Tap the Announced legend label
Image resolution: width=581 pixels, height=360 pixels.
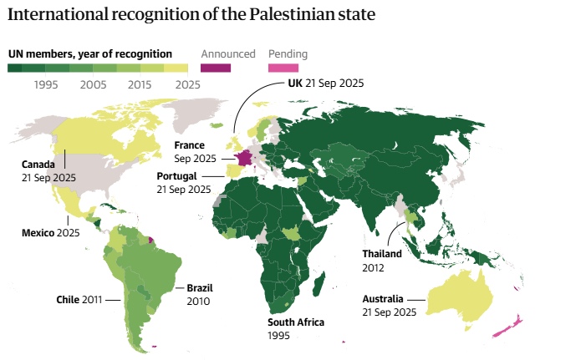click(227, 54)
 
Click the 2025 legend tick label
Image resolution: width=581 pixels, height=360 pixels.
click(188, 84)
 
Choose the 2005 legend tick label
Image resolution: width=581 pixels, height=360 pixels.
click(94, 84)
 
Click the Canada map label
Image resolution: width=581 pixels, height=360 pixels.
click(38, 164)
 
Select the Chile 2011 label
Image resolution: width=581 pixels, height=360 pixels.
click(79, 298)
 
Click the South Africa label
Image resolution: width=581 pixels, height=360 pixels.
click(295, 322)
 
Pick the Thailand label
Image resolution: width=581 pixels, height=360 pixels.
click(382, 253)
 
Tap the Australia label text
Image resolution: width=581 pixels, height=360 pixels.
click(383, 298)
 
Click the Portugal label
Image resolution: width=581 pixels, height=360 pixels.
click(176, 176)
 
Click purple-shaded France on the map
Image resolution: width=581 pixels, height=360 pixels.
click(243, 158)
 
